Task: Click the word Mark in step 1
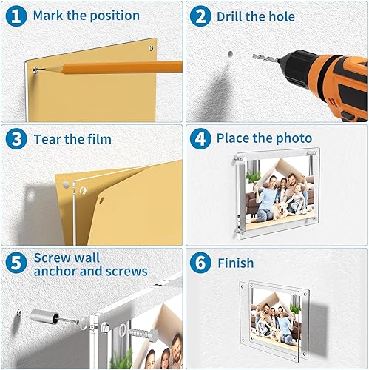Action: [51, 16]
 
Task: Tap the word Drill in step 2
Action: [232, 16]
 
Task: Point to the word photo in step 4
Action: [293, 138]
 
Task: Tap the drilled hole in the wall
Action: [230, 53]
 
